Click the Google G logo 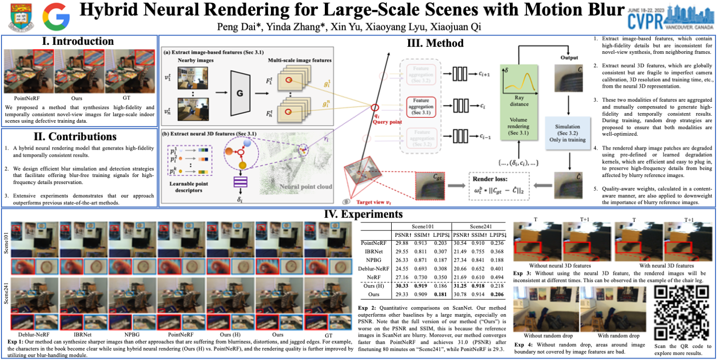(x=56, y=16)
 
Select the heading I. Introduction (x=78, y=42)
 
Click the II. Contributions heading (x=78, y=137)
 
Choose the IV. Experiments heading (x=360, y=215)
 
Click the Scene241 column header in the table (x=478, y=225)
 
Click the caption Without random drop (x=546, y=335)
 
